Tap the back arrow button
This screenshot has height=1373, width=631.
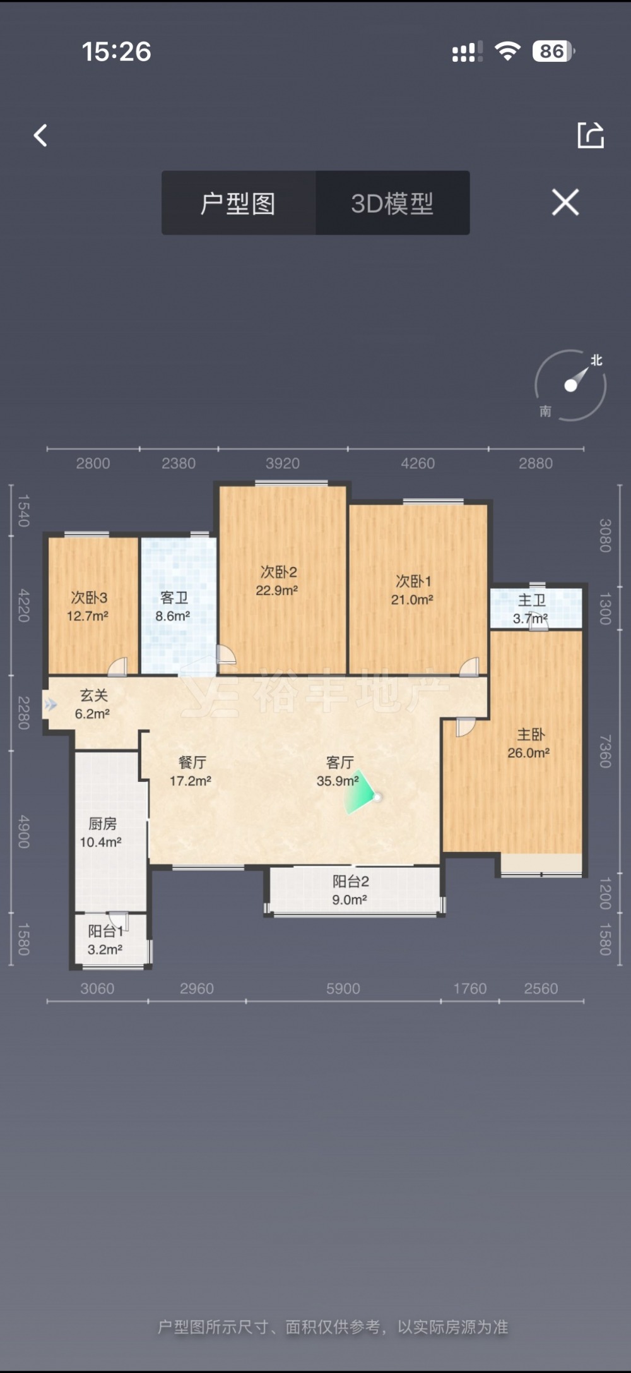[x=40, y=135]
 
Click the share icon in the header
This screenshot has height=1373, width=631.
[x=591, y=135]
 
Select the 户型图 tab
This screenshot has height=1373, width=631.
[x=238, y=203]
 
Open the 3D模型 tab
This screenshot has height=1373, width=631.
[x=392, y=203]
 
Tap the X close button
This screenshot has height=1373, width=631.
[x=565, y=202]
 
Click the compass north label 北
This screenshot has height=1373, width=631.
[x=596, y=360]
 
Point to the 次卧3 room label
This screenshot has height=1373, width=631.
[x=89, y=597]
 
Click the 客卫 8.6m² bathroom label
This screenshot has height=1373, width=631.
[x=173, y=606]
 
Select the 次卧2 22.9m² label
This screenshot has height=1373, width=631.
[x=277, y=581]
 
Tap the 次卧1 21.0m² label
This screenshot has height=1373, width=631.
[x=413, y=590]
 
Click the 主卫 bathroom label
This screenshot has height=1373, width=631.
[x=531, y=600]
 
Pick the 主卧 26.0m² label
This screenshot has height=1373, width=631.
[x=529, y=743]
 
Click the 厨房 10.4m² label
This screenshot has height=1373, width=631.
[x=101, y=832]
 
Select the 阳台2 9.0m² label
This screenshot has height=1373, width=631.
[x=350, y=890]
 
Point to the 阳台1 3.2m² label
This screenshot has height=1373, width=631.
[x=105, y=940]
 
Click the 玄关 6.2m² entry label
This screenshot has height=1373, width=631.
[x=93, y=704]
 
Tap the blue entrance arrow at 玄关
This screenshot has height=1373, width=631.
[x=50, y=704]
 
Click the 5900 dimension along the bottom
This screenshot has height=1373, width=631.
[x=343, y=988]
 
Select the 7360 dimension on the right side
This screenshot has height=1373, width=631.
[x=605, y=751]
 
